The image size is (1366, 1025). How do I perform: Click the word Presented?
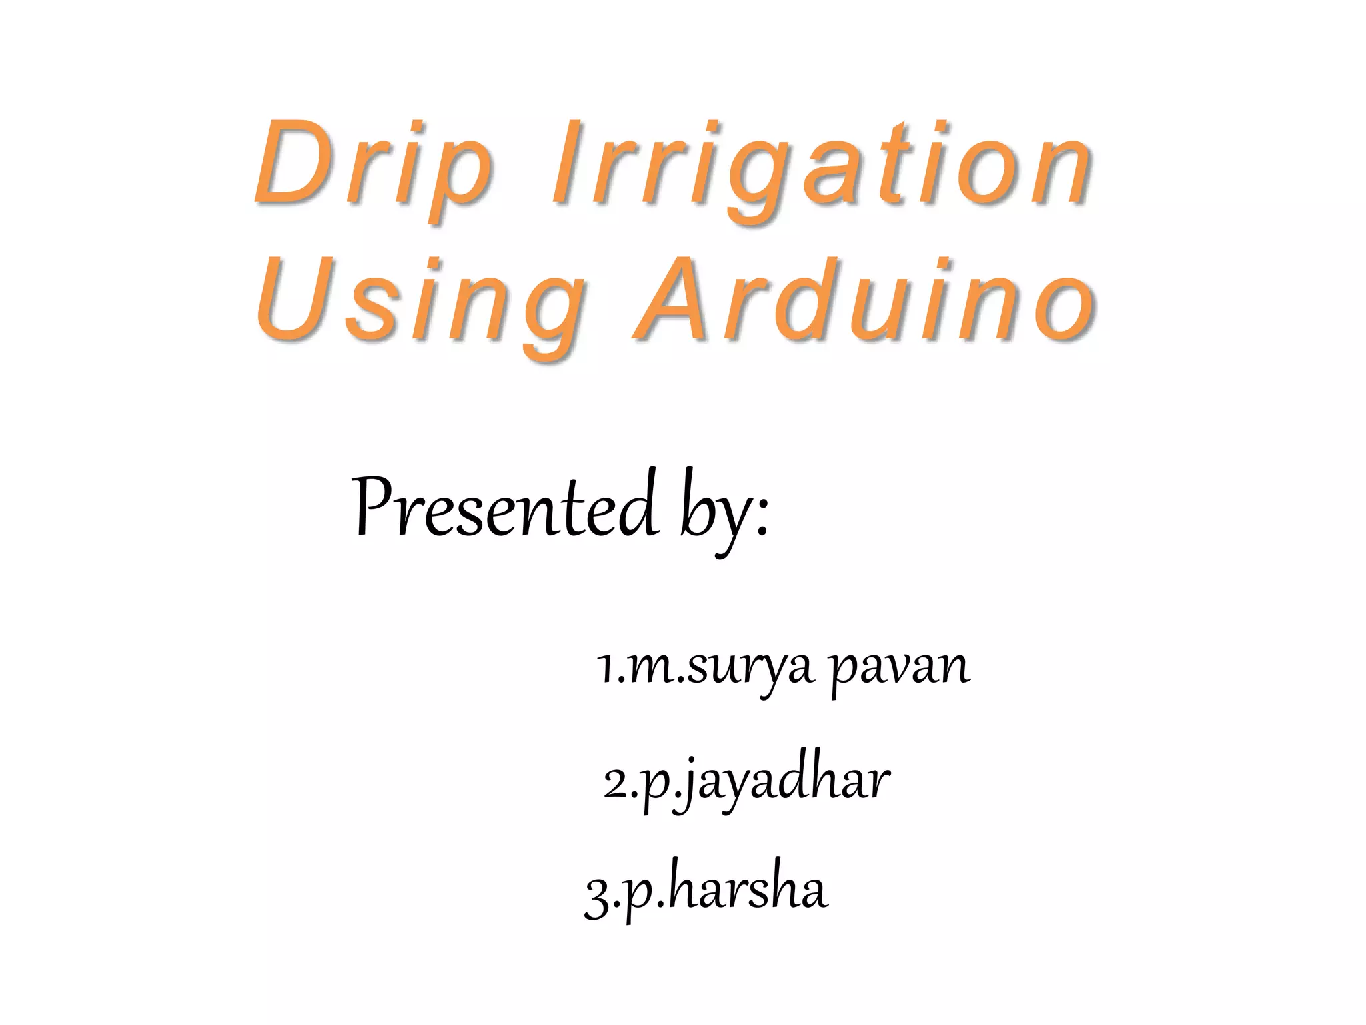point(504,507)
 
